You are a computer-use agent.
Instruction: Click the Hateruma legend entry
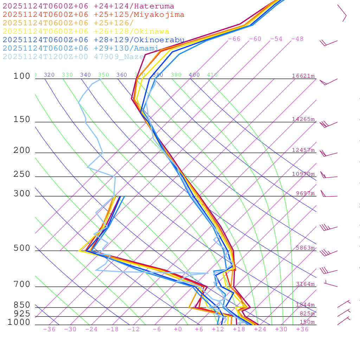click(x=88, y=6)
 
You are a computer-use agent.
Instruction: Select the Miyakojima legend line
click(x=93, y=15)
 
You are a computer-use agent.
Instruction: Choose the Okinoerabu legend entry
click(x=93, y=40)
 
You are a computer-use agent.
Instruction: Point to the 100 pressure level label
click(x=22, y=76)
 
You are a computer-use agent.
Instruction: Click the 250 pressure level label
click(x=22, y=174)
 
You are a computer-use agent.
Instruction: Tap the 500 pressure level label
click(x=22, y=249)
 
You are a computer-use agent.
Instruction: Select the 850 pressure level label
click(x=22, y=305)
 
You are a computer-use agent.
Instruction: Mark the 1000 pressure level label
click(x=19, y=322)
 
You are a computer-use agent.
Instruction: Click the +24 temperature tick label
click(x=260, y=329)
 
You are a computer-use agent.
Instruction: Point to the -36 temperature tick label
click(x=49, y=329)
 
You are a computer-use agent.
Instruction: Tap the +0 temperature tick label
click(x=178, y=329)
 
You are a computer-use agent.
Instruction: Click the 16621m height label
click(x=303, y=76)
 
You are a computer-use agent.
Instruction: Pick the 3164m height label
click(x=305, y=284)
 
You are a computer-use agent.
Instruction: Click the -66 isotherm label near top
click(x=234, y=39)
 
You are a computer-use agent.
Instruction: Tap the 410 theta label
click(x=212, y=75)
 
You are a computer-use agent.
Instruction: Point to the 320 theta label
click(x=49, y=75)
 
